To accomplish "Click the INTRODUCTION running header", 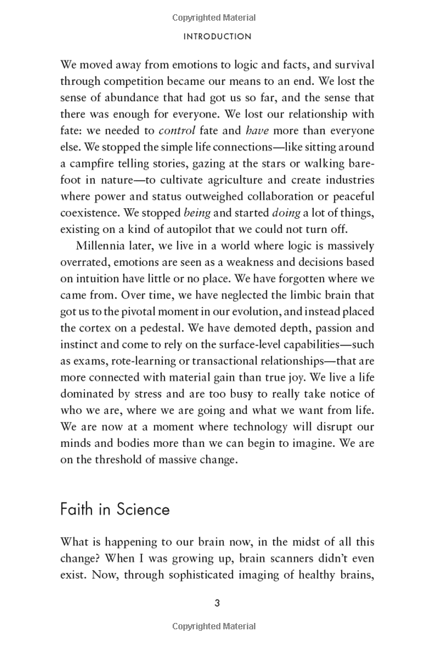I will point(217,36).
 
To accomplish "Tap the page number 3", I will point(217,603).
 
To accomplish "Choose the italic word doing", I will point(286,212).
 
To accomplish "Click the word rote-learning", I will point(150,361).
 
